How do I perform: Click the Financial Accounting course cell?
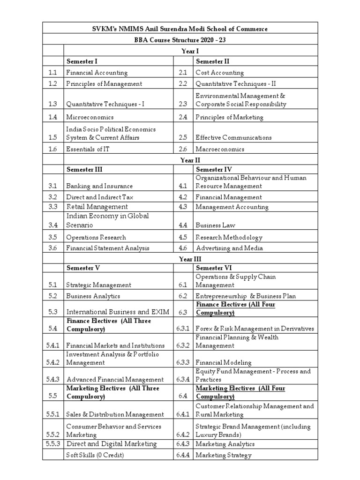(97, 73)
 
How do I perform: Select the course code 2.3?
(183, 104)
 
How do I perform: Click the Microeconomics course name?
(90, 117)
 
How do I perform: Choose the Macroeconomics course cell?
(220, 149)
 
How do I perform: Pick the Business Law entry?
(216, 225)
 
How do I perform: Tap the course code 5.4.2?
(53, 362)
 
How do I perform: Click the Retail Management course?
(97, 207)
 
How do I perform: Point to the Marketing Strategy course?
(223, 455)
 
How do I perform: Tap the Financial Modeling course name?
(223, 362)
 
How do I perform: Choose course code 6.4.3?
(183, 444)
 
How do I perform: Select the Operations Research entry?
(96, 237)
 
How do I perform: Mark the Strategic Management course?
(98, 285)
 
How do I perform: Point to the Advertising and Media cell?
(229, 248)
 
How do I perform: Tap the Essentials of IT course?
(89, 149)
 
